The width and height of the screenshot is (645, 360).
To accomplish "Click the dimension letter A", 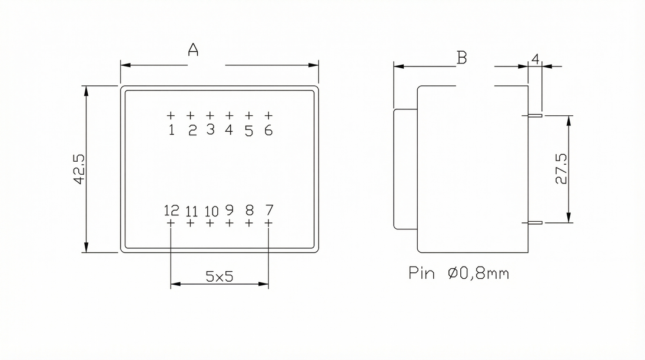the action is tap(193, 49).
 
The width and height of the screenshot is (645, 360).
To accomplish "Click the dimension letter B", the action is tap(462, 58).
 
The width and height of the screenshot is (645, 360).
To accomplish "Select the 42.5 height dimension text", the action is tap(79, 169).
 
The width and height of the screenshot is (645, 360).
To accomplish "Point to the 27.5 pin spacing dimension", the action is tap(561, 168).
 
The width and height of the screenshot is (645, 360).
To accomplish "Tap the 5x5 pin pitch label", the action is tap(220, 276).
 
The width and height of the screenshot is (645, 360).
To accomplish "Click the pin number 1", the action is tap(171, 130).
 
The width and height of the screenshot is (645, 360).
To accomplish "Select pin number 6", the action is tap(268, 130).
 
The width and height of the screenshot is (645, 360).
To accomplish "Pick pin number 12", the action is tap(171, 211).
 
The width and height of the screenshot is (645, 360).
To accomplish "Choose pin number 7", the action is tap(269, 210).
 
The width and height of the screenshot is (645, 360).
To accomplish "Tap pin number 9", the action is tap(230, 210).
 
